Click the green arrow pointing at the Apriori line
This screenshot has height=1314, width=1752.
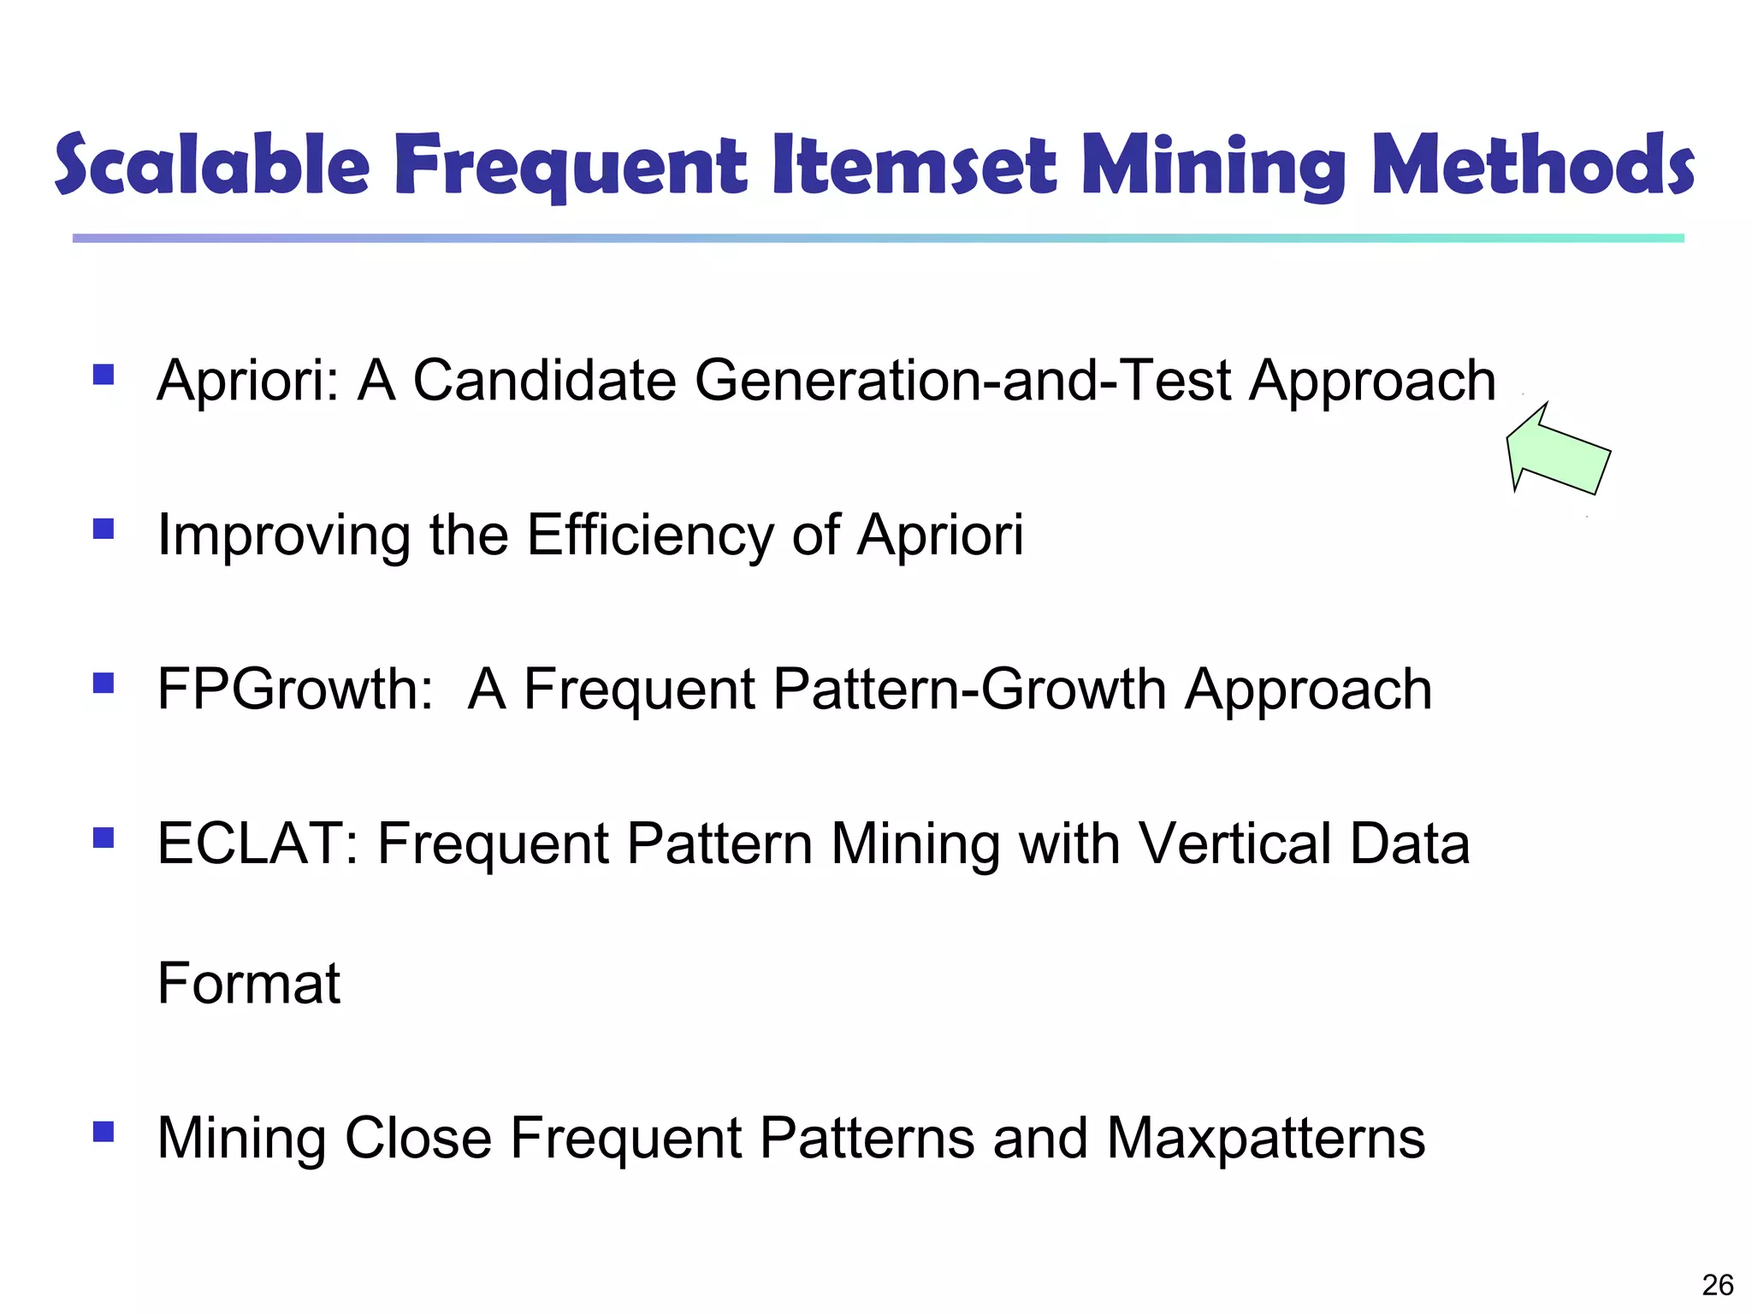pyautogui.click(x=1557, y=451)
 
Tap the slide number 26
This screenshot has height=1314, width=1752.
pyautogui.click(x=1717, y=1284)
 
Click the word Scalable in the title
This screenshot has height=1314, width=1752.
pyautogui.click(x=212, y=164)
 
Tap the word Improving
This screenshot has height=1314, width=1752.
pyautogui.click(x=283, y=536)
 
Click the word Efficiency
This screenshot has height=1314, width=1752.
pyautogui.click(x=651, y=536)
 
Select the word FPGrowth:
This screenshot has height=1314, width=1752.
pyautogui.click(x=296, y=689)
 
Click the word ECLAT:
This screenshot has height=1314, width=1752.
pyautogui.click(x=257, y=843)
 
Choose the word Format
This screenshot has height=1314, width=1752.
pyautogui.click(x=249, y=983)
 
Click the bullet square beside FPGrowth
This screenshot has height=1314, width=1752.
pyautogui.click(x=104, y=683)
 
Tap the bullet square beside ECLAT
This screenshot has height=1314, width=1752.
pyautogui.click(x=104, y=838)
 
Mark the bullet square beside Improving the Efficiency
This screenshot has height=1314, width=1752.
pyautogui.click(x=104, y=529)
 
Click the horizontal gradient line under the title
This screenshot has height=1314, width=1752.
pyautogui.click(x=878, y=238)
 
